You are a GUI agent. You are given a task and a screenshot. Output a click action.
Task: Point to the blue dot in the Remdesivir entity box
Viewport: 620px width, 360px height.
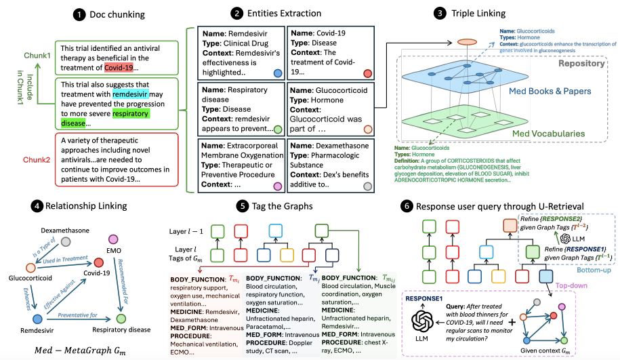point(278,73)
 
